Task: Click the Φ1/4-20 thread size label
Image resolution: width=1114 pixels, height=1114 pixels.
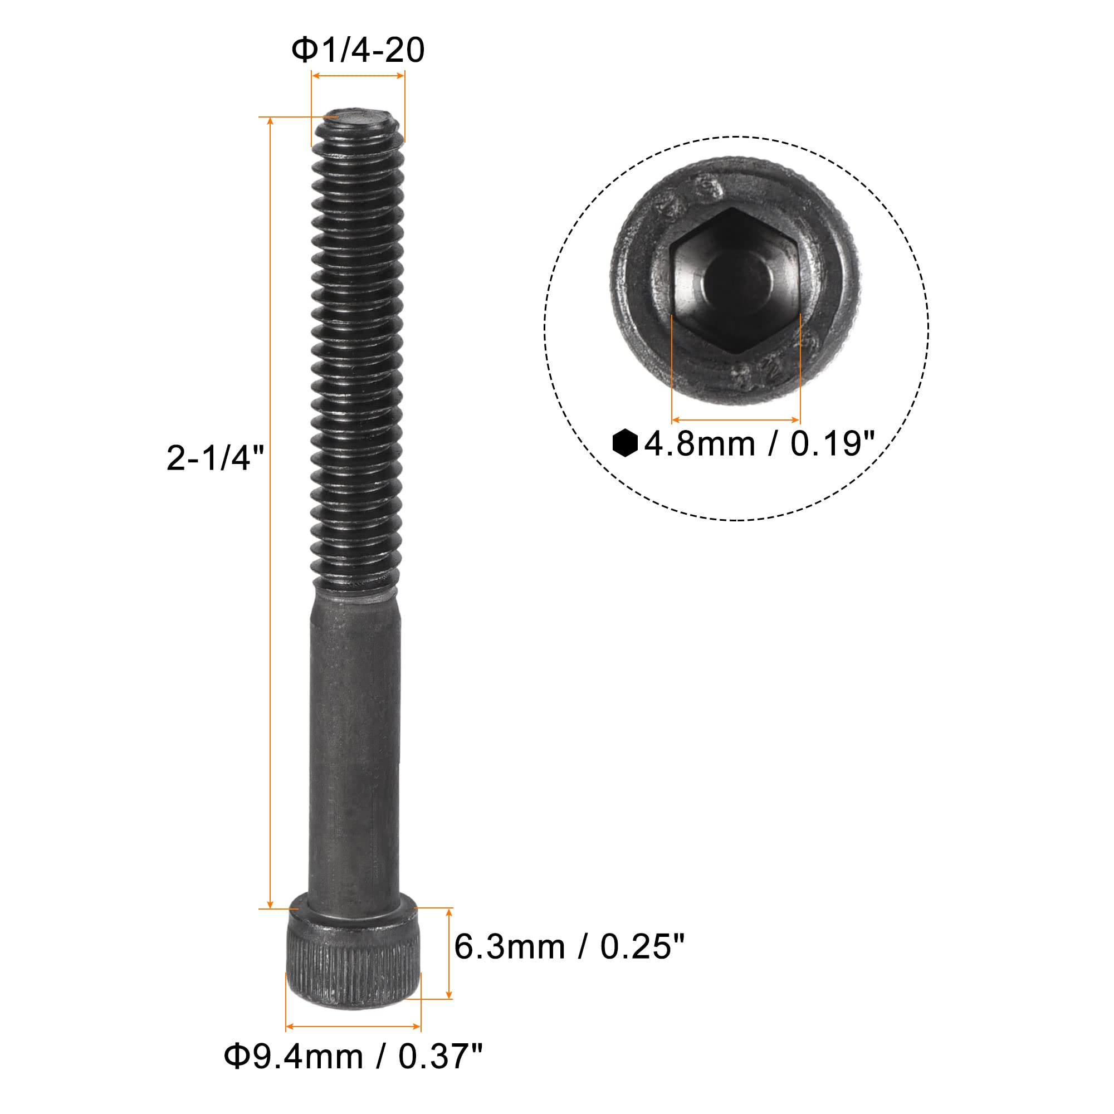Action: (358, 50)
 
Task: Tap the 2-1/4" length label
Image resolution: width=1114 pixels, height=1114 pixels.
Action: (214, 460)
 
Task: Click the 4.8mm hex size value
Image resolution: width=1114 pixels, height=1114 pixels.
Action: (699, 444)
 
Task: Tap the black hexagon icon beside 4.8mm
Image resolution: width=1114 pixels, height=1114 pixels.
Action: (624, 443)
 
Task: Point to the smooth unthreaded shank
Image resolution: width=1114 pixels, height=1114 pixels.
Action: (355, 750)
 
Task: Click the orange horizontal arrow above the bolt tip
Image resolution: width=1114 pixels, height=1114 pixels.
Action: (358, 76)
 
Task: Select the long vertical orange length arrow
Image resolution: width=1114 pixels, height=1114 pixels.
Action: (270, 512)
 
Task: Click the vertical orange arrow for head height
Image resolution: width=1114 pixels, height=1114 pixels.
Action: (449, 953)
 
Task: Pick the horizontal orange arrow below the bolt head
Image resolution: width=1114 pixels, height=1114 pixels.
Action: (353, 1027)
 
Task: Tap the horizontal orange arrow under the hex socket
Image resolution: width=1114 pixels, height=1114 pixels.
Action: (735, 420)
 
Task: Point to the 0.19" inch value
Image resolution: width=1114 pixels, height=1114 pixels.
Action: (833, 444)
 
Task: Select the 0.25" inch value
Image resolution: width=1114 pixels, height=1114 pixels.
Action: (642, 947)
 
